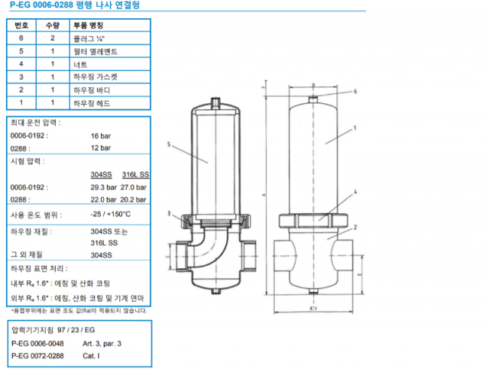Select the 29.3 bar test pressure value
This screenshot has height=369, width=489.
tap(103, 186)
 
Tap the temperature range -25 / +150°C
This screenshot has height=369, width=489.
tap(110, 215)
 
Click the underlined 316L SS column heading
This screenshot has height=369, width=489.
tap(135, 173)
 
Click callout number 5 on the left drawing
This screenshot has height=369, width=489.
tap(167, 144)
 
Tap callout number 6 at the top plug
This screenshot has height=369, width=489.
tap(355, 91)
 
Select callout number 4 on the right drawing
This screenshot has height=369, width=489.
tap(355, 194)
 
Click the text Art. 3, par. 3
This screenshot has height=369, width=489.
tap(102, 344)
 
